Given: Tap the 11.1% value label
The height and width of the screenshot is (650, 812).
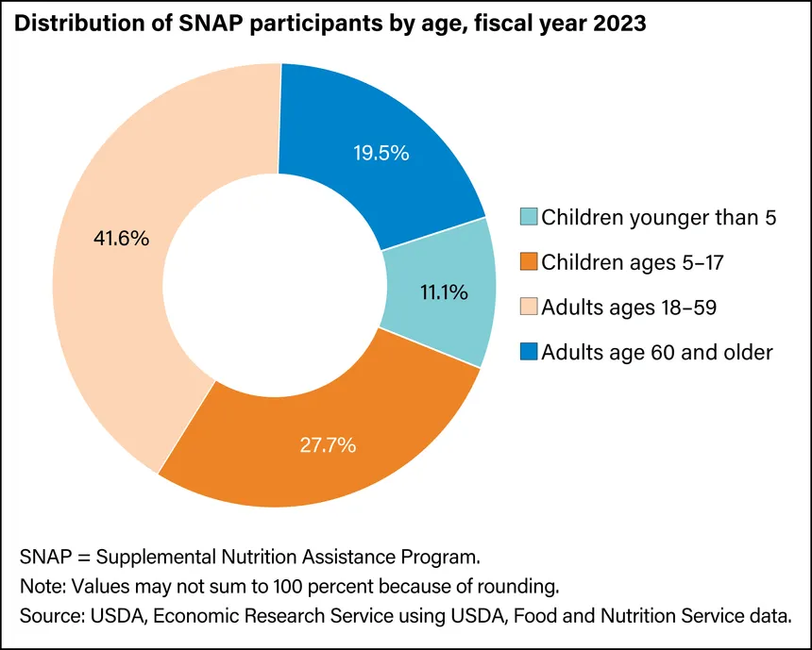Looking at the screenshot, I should click(x=443, y=292).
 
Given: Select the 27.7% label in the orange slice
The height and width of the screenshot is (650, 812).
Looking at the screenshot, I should click(x=330, y=444).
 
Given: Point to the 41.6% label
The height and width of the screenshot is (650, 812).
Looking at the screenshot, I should click(x=123, y=239).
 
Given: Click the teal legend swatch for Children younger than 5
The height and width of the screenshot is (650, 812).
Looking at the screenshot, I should click(x=530, y=219).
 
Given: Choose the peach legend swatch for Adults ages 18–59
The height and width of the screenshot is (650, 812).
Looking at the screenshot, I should click(x=530, y=308).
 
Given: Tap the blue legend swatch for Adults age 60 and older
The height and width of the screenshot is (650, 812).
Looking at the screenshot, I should click(x=530, y=353).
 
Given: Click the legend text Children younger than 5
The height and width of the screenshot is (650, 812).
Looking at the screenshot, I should click(x=659, y=219).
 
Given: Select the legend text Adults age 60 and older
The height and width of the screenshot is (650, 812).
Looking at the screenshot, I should click(x=657, y=353).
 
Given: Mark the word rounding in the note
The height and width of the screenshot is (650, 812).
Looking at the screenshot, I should click(x=525, y=586).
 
